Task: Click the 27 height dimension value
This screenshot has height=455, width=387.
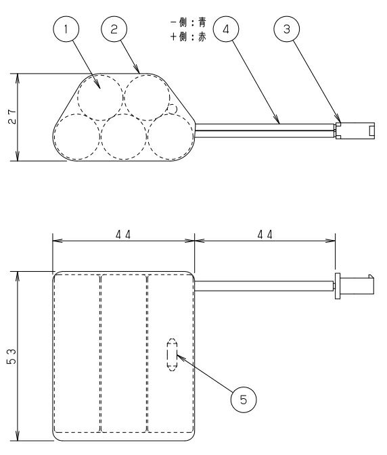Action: tap(12, 117)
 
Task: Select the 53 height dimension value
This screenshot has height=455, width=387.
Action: tap(12, 356)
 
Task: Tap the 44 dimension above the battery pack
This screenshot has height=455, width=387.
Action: tap(123, 235)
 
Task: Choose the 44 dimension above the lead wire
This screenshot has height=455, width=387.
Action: tap(265, 235)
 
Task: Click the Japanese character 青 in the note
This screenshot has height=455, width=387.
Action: tap(202, 22)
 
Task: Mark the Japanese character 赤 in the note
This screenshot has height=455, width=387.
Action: tap(202, 37)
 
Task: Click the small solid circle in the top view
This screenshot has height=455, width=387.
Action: tap(173, 110)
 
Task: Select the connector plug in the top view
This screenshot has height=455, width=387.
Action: tap(355, 130)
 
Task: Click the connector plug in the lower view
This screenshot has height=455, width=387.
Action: tap(355, 286)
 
